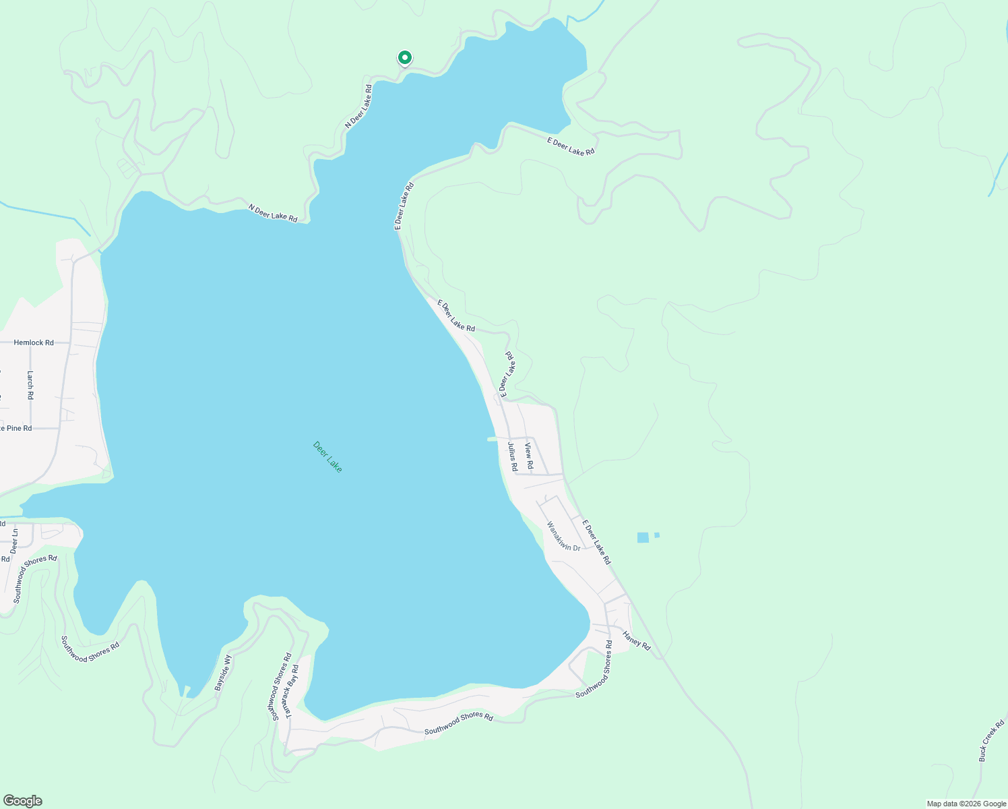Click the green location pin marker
(x=404, y=59)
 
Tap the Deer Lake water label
(x=327, y=456)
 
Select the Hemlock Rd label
(x=34, y=342)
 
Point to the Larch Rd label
(x=30, y=385)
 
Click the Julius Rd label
(x=513, y=456)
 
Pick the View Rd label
(x=530, y=456)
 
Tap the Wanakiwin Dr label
(x=563, y=537)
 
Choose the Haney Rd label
(x=637, y=640)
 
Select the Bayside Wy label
(x=223, y=672)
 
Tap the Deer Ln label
(x=14, y=541)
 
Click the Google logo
(x=22, y=801)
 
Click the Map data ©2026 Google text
(x=966, y=804)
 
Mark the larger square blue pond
(x=643, y=537)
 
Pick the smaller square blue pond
(x=657, y=535)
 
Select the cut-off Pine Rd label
(x=15, y=428)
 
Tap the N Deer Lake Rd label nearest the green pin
(x=358, y=106)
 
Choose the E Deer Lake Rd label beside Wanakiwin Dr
(x=597, y=542)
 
